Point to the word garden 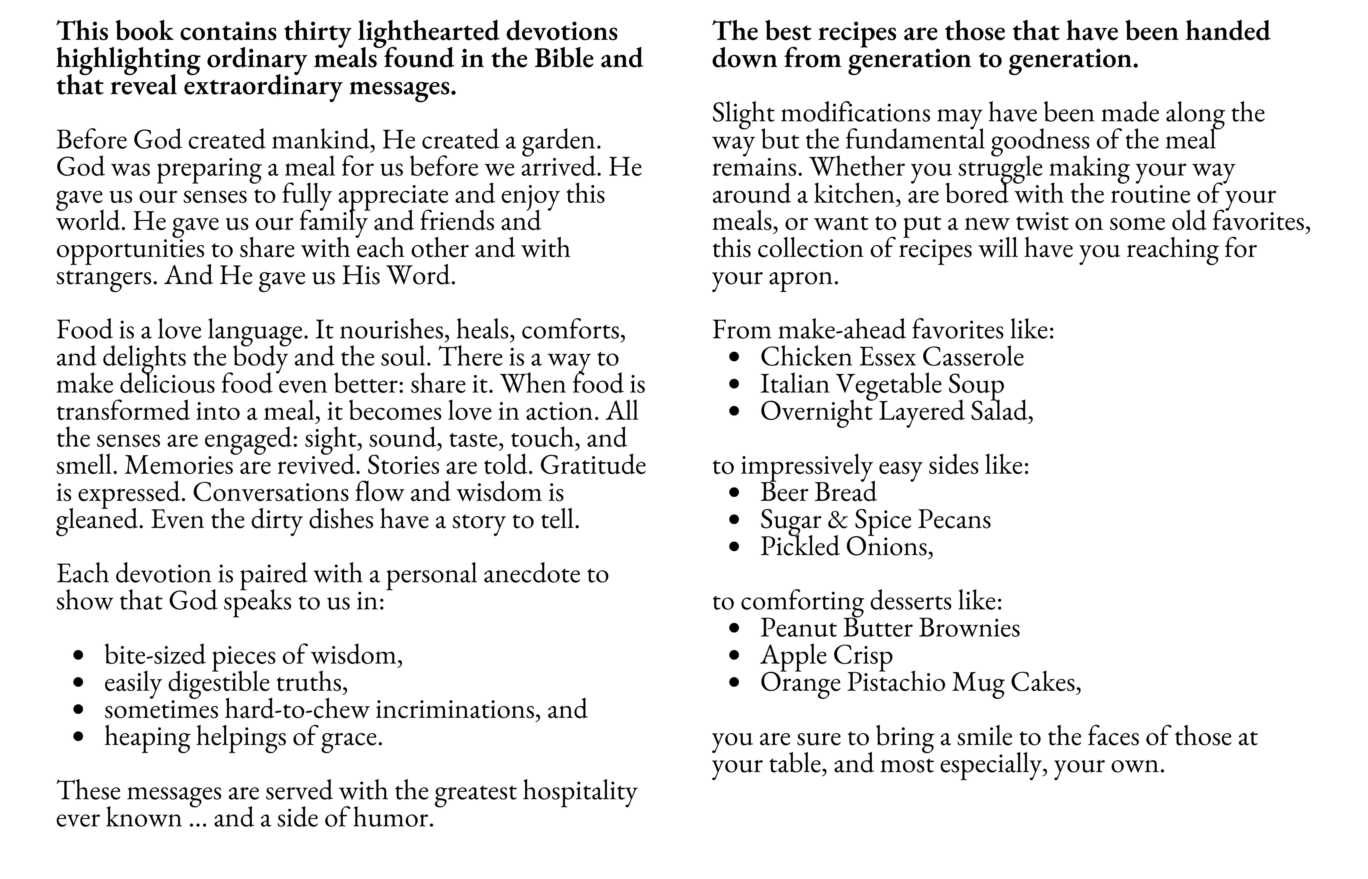point(561,140)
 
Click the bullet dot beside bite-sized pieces point(79,656)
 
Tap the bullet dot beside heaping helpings point(79,737)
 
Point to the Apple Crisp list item point(826,656)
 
